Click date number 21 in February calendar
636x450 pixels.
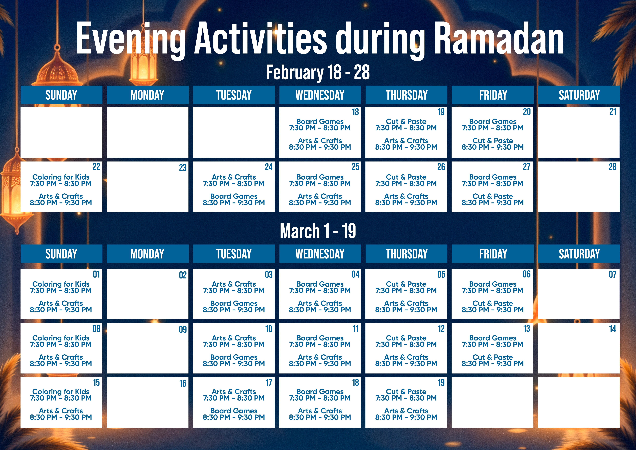pos(612,112)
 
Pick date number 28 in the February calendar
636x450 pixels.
pos(612,167)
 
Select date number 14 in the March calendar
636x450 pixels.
pos(612,329)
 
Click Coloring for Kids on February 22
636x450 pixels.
pos(61,177)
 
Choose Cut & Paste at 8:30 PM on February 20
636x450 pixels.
pos(493,141)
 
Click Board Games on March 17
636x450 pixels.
pos(234,411)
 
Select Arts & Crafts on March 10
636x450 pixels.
pos(234,338)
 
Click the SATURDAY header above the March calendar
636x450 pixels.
pos(579,254)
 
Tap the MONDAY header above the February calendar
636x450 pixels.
pos(147,95)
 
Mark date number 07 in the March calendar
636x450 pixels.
pos(612,275)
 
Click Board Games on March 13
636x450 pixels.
pos(493,338)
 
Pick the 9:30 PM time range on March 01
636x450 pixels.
pos(61,310)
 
